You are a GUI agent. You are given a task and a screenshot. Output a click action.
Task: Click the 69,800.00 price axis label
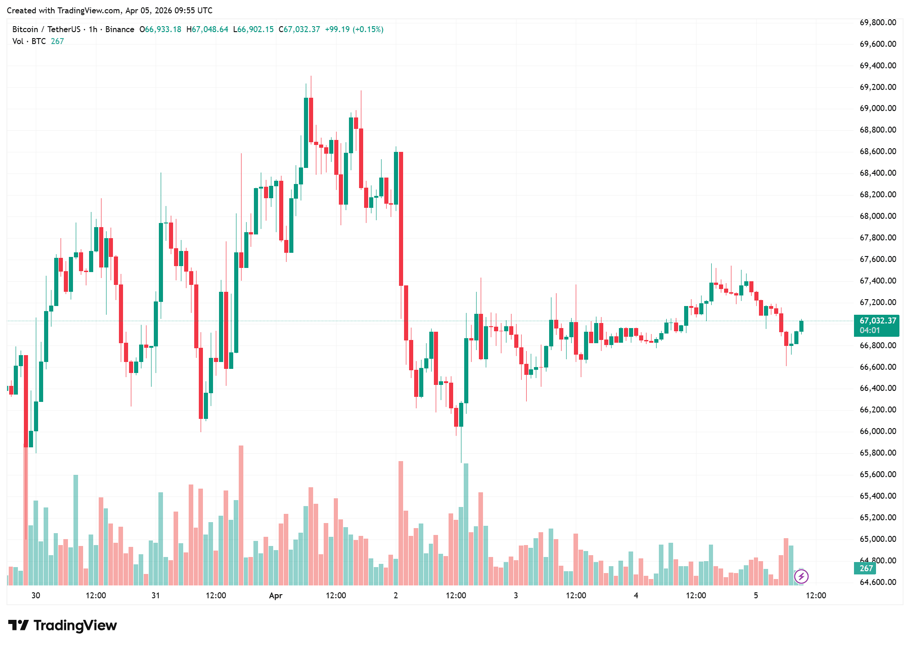(x=877, y=22)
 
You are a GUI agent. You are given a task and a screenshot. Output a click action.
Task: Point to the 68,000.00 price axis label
(x=877, y=216)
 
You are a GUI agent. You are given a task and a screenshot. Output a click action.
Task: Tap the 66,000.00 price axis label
(x=877, y=431)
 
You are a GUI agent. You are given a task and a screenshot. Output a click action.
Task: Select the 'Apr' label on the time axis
(x=275, y=596)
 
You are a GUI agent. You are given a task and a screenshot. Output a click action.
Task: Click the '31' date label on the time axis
(x=156, y=596)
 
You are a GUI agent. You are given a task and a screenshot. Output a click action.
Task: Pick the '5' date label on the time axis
(x=756, y=596)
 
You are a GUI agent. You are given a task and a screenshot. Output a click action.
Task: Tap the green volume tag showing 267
(x=866, y=568)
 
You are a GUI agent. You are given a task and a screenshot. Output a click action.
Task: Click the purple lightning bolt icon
(x=801, y=576)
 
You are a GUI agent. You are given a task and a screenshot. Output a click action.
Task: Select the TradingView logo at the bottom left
(x=62, y=625)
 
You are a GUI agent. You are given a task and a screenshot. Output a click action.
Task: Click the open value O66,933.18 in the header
(x=160, y=29)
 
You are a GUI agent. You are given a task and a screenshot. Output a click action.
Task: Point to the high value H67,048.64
(x=207, y=29)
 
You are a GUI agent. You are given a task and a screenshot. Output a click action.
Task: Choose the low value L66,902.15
(x=253, y=29)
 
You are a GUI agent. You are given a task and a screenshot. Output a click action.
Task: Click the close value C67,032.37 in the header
(x=299, y=29)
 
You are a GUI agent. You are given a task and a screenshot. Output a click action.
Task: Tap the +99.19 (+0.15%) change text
(x=354, y=29)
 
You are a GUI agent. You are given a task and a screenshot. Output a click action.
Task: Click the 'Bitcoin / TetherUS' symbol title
(x=46, y=29)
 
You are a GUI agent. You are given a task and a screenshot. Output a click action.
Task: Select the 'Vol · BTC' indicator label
(x=29, y=41)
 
